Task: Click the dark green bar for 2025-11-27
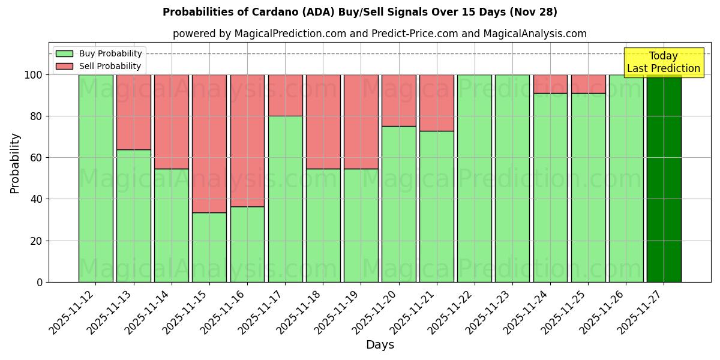click(x=664, y=178)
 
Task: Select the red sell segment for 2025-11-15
click(x=209, y=143)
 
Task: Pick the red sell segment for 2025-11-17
click(x=285, y=95)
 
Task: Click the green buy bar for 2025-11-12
click(x=95, y=178)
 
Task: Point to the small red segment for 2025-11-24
click(x=550, y=84)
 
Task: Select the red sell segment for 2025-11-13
click(x=133, y=112)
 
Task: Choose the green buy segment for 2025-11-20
click(x=399, y=204)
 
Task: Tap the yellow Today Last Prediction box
click(x=663, y=62)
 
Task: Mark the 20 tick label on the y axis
click(x=37, y=241)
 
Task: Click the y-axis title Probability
click(x=16, y=163)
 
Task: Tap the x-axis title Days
click(x=380, y=345)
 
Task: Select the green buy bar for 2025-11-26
click(x=626, y=178)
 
